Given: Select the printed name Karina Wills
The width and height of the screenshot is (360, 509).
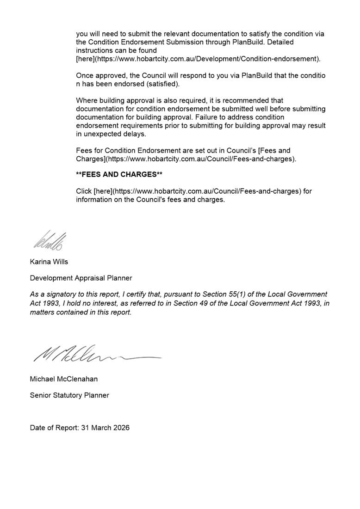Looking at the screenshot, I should [x=49, y=262].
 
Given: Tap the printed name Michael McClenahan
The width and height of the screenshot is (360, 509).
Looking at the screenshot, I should [x=64, y=379].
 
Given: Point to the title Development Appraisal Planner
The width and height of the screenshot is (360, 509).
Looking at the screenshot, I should [x=81, y=278].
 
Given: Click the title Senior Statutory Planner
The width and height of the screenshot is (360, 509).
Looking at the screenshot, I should [x=69, y=395].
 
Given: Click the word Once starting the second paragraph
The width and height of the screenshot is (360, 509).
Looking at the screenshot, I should [x=85, y=75].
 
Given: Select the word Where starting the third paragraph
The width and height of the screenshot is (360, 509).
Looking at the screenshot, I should [x=87, y=100].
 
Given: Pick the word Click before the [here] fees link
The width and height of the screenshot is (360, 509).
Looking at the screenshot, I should [x=84, y=191].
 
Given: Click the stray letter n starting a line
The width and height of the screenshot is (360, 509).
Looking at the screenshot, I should [x=78, y=84].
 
